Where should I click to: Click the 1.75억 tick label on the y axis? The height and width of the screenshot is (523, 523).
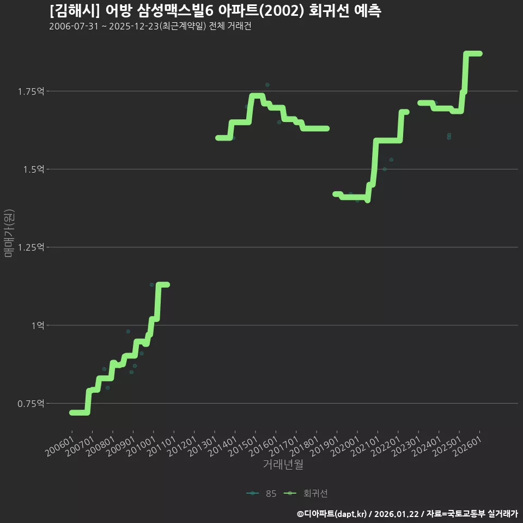click(31, 92)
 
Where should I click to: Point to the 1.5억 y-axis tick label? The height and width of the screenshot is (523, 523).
click(33, 169)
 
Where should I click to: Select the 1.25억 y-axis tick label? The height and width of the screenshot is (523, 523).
click(31, 247)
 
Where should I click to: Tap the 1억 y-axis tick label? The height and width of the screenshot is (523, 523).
click(38, 325)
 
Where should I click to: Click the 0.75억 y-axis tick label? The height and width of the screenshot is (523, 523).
click(31, 404)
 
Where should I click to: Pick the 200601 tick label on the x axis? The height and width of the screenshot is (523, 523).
click(60, 446)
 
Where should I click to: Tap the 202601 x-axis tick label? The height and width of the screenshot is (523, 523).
click(467, 446)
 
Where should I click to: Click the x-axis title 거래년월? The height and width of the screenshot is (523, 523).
click(283, 464)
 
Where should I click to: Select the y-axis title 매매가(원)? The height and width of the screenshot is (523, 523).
click(9, 233)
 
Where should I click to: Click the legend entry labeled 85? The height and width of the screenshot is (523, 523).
click(261, 494)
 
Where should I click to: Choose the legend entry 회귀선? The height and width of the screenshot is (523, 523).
click(306, 494)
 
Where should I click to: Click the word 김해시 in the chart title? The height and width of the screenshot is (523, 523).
click(75, 11)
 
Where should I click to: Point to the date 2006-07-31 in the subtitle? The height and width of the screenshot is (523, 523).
click(74, 26)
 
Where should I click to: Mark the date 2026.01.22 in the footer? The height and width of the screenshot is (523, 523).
click(396, 514)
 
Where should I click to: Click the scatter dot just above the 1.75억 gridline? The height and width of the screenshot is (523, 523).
click(267, 85)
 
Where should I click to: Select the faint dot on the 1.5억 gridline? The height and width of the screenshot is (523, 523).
click(385, 169)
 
